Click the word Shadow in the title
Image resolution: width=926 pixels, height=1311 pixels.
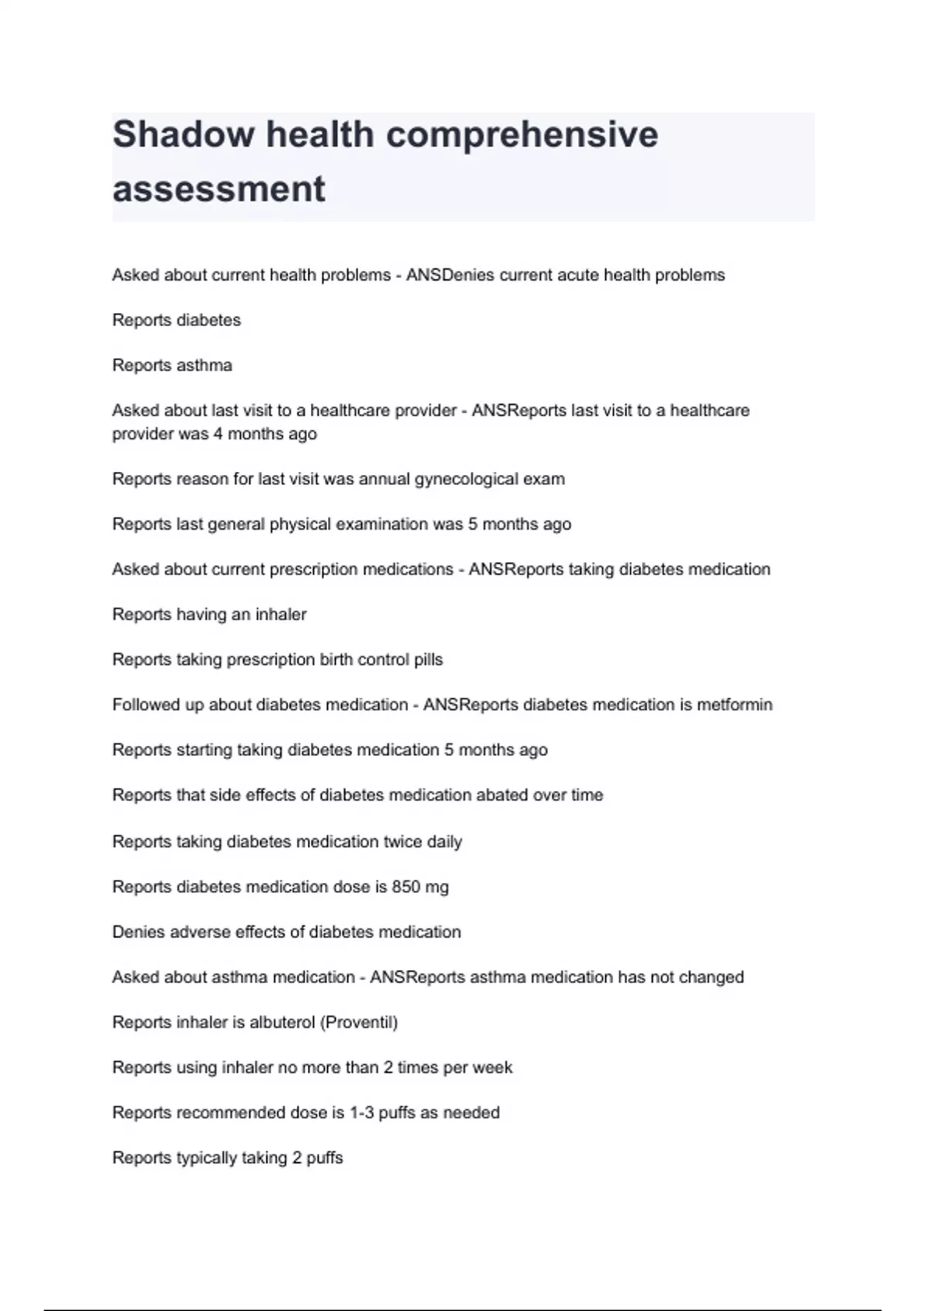184,134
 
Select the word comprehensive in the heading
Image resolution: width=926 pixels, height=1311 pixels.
522,134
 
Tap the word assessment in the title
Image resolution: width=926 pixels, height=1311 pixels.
219,189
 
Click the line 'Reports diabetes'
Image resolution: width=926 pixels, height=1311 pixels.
177,320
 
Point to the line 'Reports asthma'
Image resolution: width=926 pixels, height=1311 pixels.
172,365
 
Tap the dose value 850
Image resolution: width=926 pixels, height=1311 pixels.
406,887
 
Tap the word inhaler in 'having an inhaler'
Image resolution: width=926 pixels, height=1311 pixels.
281,615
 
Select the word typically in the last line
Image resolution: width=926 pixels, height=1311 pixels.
206,1158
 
